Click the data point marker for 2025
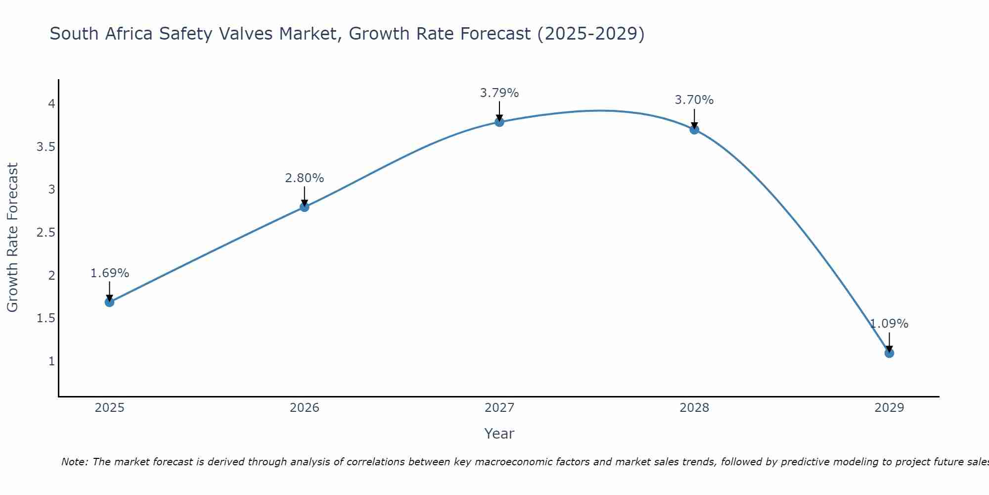(110, 302)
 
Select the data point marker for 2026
(305, 207)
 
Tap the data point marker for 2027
(499, 122)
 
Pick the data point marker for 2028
(694, 130)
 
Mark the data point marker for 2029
(889, 353)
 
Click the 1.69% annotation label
(110, 273)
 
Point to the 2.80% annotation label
(305, 178)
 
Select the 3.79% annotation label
(499, 93)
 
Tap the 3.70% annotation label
(694, 100)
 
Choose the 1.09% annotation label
(889, 324)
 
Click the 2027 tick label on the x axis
(499, 408)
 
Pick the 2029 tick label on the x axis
(889, 408)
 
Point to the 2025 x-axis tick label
(110, 408)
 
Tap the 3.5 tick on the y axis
(46, 147)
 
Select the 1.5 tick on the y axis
(46, 318)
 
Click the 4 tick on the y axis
(51, 104)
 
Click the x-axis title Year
(499, 434)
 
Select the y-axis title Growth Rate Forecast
(13, 238)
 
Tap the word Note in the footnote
(74, 462)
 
